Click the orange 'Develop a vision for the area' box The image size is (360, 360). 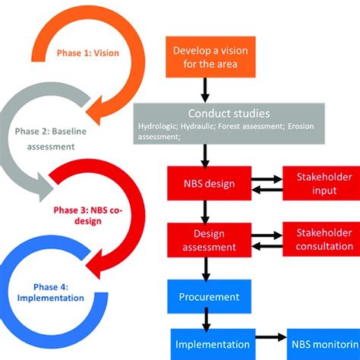tap(204, 57)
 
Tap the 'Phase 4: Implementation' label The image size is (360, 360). tap(50, 292)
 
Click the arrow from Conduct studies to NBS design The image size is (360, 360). tap(204, 156)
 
